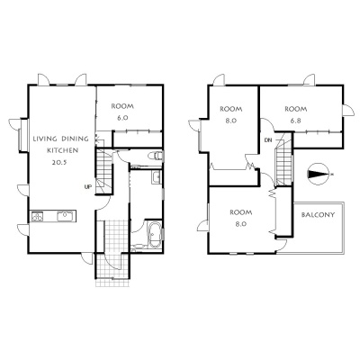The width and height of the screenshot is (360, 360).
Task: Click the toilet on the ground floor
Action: coord(156,156)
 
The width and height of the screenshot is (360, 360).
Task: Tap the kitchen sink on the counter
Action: coord(66,216)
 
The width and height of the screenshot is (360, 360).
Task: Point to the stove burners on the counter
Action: coord(37,216)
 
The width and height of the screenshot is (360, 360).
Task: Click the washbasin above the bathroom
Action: coord(157,177)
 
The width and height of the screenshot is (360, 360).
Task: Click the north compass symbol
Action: coord(319,174)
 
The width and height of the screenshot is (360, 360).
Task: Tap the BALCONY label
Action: coord(318,215)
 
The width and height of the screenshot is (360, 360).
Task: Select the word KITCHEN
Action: coord(63,150)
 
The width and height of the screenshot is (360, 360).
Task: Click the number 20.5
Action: coord(60,162)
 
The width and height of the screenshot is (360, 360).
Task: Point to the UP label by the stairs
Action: coord(88,187)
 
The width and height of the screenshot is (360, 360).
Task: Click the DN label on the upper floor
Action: coord(268,139)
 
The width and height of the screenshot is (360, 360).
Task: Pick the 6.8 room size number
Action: coord(295,121)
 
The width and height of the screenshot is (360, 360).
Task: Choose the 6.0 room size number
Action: coord(122,118)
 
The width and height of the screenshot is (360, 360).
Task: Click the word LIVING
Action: coord(45,139)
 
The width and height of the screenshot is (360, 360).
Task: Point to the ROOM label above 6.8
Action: coord(295,109)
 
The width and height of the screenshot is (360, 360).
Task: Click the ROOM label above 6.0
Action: coord(122,106)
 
